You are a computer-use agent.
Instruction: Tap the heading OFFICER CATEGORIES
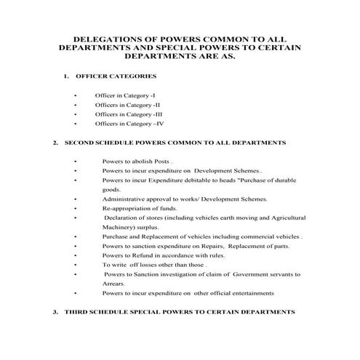(x=117, y=76)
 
